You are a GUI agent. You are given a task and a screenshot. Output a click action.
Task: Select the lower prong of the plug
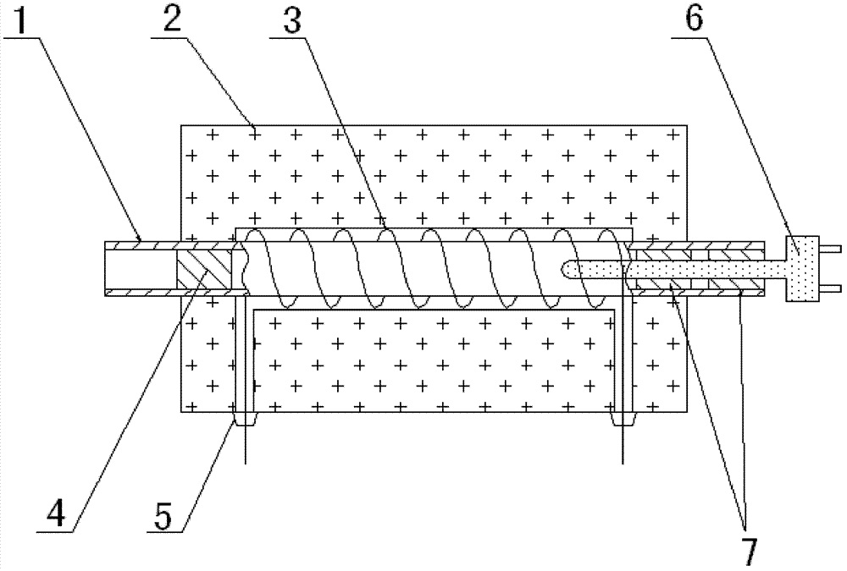tap(831, 288)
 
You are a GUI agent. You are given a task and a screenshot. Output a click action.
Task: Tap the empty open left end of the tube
tap(138, 268)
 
